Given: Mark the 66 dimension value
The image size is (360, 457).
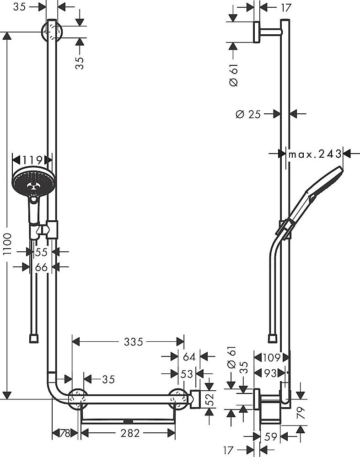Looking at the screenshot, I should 41,267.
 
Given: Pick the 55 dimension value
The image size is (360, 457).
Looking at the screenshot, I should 41,252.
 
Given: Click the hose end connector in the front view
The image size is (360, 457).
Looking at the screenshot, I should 33,339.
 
